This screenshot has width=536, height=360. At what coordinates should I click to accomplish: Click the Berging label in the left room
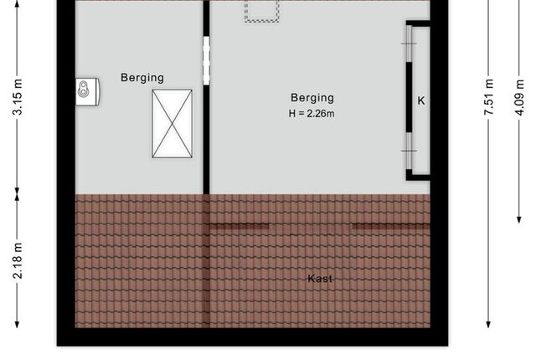(142, 78)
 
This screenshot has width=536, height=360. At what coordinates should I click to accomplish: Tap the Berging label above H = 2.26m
(312, 98)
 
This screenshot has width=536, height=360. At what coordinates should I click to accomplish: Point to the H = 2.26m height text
(312, 113)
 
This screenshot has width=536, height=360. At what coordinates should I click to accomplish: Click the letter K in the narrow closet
(421, 100)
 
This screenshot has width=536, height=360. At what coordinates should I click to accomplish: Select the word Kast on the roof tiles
(320, 279)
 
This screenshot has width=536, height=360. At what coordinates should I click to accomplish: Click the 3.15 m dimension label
(18, 96)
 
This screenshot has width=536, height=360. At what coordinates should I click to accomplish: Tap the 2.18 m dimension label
(18, 260)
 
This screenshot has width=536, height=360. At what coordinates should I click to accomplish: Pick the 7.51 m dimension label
(489, 96)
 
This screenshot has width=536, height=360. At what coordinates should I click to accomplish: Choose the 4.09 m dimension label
(519, 97)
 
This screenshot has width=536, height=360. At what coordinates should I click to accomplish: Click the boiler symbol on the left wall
(87, 91)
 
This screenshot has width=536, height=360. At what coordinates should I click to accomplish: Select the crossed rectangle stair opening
(173, 124)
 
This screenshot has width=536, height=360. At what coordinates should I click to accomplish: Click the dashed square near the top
(262, 11)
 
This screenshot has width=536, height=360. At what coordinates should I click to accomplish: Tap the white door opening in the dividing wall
(206, 61)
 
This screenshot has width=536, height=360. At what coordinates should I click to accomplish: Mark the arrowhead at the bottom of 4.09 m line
(519, 219)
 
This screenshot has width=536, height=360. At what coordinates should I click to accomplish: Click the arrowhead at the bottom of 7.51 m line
(489, 324)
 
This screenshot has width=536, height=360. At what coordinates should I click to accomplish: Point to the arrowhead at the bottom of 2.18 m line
(17, 324)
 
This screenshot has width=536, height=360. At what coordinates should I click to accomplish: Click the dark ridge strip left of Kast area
(240, 226)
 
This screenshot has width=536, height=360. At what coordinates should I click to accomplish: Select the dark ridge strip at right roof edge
(391, 226)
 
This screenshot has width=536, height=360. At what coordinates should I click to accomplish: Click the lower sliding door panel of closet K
(409, 151)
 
